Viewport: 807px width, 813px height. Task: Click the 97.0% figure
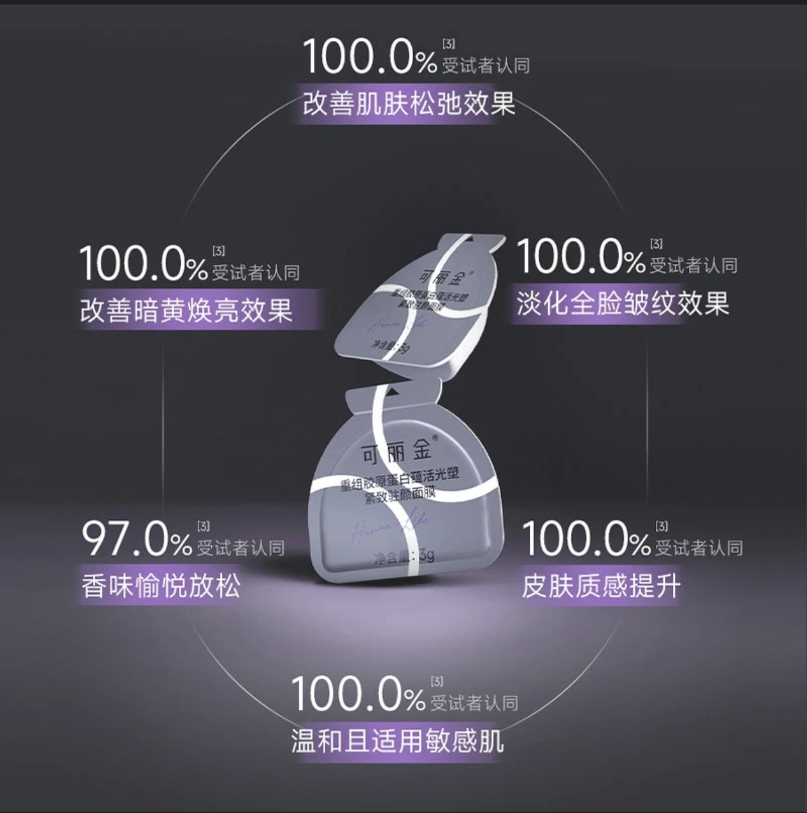[x=137, y=540]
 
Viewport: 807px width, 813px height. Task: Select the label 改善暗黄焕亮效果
[x=186, y=311]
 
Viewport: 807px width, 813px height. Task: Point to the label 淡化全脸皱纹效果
[x=623, y=303]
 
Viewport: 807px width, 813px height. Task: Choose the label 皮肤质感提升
[x=601, y=586]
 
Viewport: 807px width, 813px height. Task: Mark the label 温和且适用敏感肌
[x=397, y=741]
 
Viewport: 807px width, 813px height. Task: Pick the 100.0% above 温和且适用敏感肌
[x=358, y=693]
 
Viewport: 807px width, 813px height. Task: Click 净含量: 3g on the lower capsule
[x=404, y=555]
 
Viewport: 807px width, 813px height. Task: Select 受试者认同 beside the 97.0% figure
[x=240, y=548]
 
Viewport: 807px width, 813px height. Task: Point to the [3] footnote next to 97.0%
[x=203, y=527]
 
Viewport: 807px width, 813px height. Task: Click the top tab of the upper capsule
[x=480, y=242]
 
